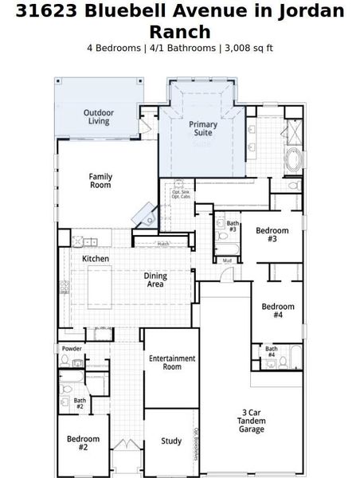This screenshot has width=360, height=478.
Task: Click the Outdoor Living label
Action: pos(98,117)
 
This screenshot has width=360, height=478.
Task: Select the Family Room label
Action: pos(100,180)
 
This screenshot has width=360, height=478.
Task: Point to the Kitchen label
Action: pos(96,259)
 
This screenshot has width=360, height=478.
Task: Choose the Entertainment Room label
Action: pos(172,362)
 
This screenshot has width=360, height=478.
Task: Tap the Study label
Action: pos(171,441)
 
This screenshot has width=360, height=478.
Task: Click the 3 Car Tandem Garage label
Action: pos(252,421)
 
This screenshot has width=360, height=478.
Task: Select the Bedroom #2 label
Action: pos(83,443)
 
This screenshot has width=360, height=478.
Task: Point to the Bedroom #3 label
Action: pos(272,234)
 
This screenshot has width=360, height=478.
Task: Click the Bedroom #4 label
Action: pos(277,311)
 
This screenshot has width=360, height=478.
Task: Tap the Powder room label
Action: pos(72,349)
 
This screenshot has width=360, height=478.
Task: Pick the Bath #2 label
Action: pos(80,403)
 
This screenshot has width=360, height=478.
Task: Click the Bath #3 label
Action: pos(233,226)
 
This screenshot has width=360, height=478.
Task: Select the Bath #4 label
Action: pos(271,351)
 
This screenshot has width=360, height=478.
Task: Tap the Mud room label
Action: pos(227,261)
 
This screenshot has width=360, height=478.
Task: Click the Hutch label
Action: pos(163,244)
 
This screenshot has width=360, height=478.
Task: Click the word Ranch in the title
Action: pos(180,31)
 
